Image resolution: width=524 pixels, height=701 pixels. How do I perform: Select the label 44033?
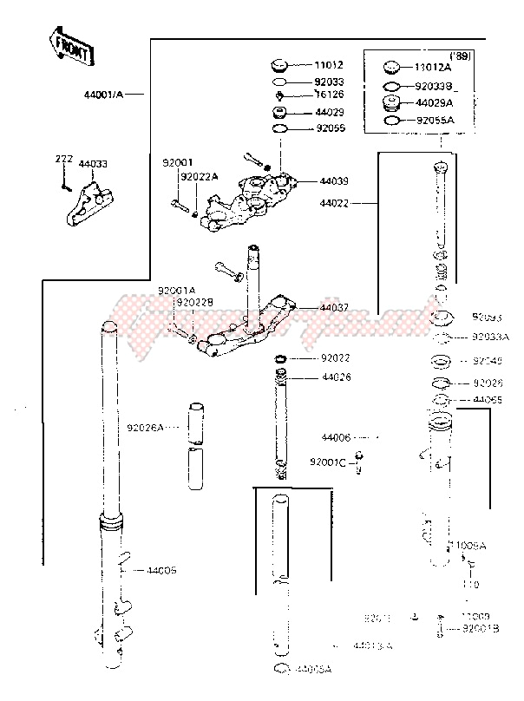point(93,163)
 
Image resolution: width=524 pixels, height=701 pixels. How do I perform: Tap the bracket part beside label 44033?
point(85,200)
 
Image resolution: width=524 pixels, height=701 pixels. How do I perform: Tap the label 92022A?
point(200,177)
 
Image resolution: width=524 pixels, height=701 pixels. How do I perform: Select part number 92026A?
point(144,428)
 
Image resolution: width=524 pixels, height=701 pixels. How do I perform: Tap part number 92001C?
point(331,463)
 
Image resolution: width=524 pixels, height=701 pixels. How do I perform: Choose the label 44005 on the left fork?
point(161,570)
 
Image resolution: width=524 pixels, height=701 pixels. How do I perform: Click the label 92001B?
point(481,627)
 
